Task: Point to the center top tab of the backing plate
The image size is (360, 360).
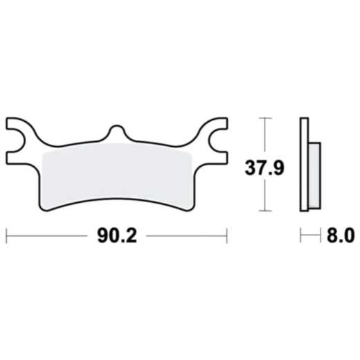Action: click(117, 132)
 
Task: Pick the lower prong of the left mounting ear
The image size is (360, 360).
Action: click(17, 150)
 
